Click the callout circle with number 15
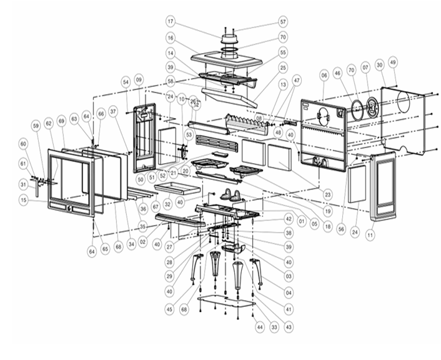(x=23, y=201)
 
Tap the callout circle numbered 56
(x=341, y=229)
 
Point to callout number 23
(x=327, y=195)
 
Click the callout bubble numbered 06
(x=324, y=74)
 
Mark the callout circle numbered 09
(x=139, y=79)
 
